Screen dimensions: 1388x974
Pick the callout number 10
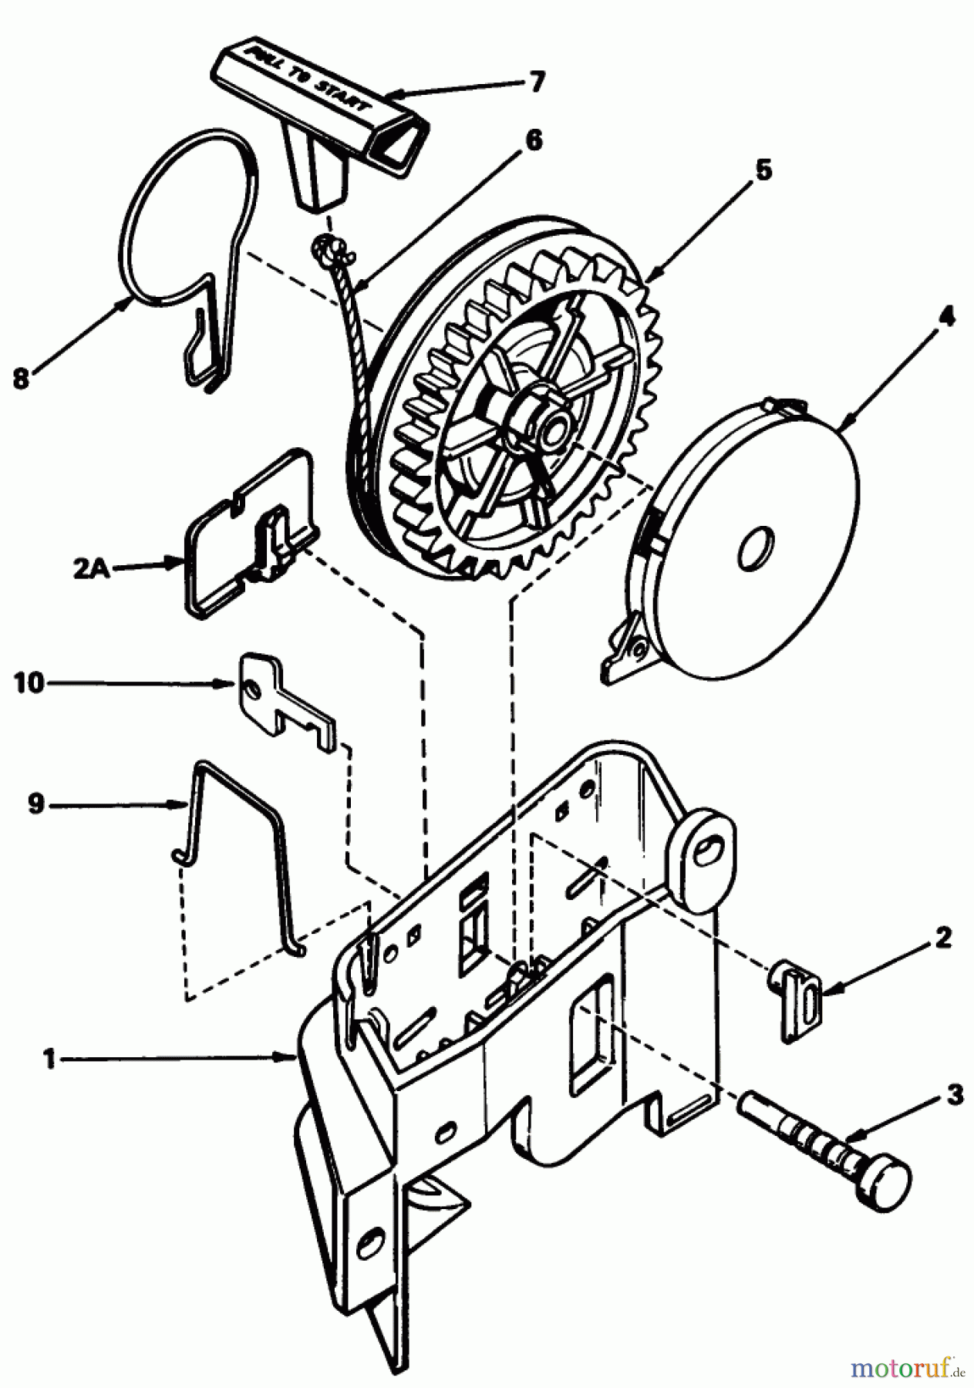[x=29, y=683]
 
